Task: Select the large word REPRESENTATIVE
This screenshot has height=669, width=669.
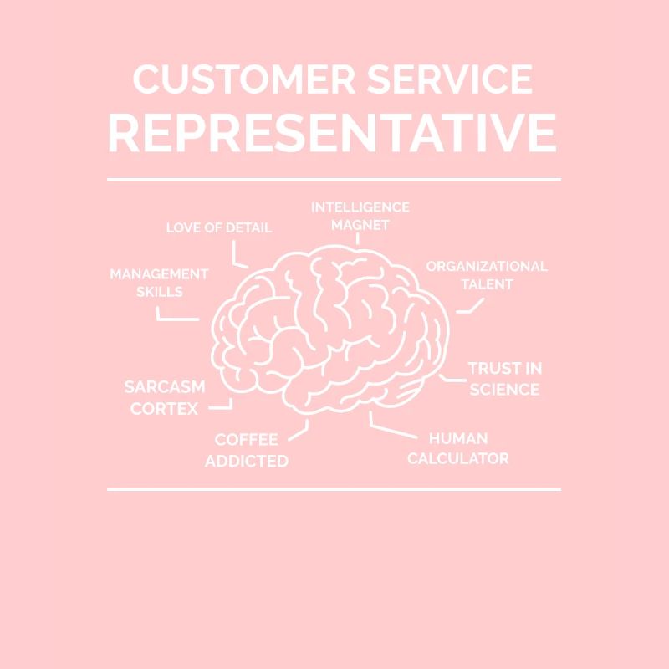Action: [x=333, y=133]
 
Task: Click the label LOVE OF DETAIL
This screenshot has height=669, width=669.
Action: [x=218, y=227]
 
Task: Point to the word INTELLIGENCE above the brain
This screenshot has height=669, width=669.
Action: [x=360, y=207]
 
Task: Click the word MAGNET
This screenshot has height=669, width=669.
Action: [x=360, y=225]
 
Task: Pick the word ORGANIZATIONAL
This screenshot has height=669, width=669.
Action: [x=487, y=267]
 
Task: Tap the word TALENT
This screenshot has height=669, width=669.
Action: [x=487, y=284]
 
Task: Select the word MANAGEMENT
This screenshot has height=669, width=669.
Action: [x=159, y=274]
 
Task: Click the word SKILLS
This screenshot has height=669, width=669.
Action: [x=159, y=292]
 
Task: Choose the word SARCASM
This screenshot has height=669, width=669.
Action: [x=164, y=387]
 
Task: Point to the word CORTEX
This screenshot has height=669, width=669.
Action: [x=164, y=409]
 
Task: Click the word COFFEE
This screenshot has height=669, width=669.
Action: [x=246, y=440]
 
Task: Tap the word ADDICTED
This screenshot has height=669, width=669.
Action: [x=246, y=461]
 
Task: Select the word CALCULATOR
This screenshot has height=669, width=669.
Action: [x=457, y=458]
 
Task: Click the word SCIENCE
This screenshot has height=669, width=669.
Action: [x=503, y=390]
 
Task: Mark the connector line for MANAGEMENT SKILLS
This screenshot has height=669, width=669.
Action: [x=177, y=318]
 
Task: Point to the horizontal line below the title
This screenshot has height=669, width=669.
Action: [x=334, y=179]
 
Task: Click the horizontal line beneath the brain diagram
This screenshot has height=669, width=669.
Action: [x=334, y=489]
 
